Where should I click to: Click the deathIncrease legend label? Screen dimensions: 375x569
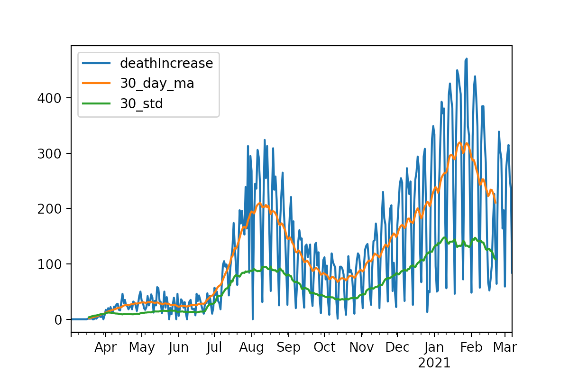click(166, 63)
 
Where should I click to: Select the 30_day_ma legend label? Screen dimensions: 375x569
click(157, 84)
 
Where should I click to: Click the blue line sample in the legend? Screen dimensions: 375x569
click(96, 63)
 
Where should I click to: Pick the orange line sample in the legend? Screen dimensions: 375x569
click(96, 84)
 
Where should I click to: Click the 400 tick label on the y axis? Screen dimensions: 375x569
click(49, 98)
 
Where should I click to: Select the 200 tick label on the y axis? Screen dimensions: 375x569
click(49, 209)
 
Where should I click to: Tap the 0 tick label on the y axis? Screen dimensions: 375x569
click(58, 319)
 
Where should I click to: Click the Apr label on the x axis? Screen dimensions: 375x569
click(105, 347)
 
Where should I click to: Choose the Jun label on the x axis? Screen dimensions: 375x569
click(178, 347)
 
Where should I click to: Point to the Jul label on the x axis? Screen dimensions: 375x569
click(213, 347)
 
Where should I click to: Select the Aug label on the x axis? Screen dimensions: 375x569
click(251, 347)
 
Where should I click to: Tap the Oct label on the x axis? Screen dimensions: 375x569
click(325, 347)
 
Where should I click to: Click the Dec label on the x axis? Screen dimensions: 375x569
click(397, 347)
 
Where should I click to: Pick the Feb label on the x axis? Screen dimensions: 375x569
click(471, 347)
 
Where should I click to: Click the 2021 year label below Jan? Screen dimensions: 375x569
click(434, 363)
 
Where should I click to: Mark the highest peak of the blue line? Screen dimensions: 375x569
click(467, 59)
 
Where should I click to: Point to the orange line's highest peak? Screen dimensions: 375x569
click(460, 142)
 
